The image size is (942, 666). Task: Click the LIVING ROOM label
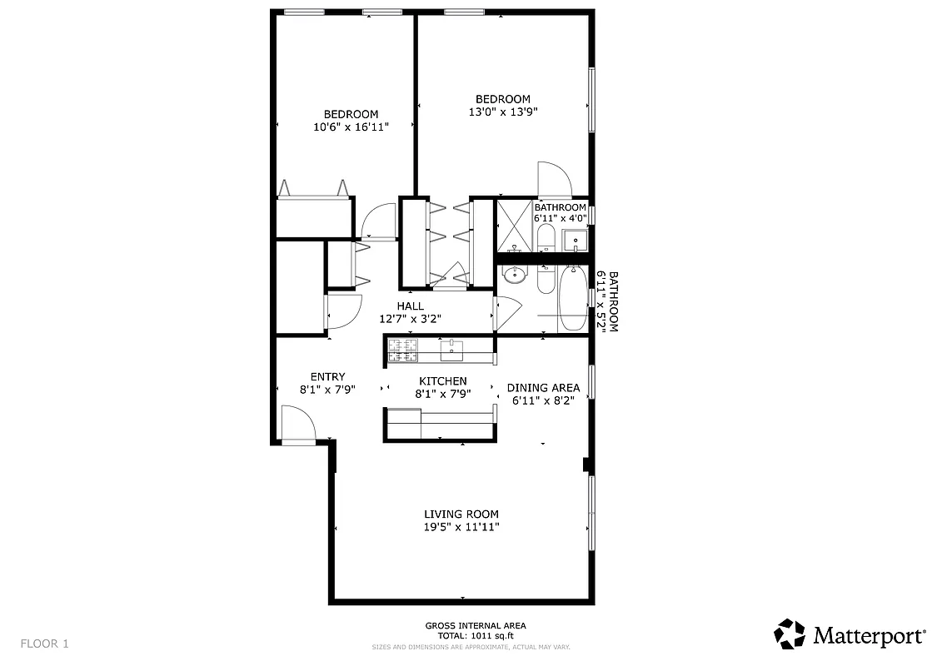[461, 514]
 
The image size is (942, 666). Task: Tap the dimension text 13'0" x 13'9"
[502, 112]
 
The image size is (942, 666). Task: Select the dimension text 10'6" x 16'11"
[351, 127]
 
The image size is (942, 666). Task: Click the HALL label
[410, 306]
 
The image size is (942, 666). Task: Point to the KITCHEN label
[442, 381]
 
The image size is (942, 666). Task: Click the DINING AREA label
[543, 388]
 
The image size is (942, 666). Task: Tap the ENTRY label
[327, 377]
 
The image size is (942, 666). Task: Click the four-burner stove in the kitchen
[403, 351]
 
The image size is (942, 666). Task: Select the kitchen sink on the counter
[451, 350]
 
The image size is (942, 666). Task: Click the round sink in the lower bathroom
[516, 274]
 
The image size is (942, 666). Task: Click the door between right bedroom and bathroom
[552, 178]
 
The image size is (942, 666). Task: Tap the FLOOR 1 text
[45, 644]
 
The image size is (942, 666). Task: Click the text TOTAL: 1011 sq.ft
[475, 635]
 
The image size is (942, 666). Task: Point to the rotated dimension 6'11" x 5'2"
[606, 301]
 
